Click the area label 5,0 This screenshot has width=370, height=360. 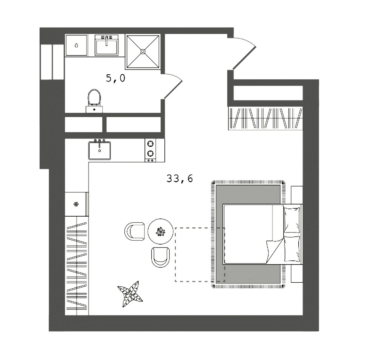coord(115,78)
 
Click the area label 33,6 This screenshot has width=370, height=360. coord(180,178)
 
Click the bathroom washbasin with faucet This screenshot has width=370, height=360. coord(106,46)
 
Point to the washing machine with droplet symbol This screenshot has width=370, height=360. coord(76,45)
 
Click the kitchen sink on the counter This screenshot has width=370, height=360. coord(100,150)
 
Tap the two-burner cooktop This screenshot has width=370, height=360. coord(150,150)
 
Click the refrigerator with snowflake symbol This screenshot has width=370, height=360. coord(76,204)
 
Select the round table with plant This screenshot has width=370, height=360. coord(161,231)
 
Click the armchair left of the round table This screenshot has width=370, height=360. coord(135,232)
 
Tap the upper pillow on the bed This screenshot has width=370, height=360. coord(292,219)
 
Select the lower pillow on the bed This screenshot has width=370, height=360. coord(292,248)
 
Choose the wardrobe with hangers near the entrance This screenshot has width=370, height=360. coord(266,118)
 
